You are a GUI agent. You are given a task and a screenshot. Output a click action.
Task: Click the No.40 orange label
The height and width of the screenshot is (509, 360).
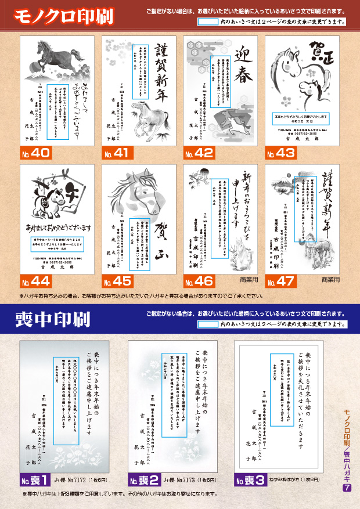pos(37,154)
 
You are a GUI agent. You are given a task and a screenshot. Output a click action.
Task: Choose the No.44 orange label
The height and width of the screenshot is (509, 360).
pos(37,283)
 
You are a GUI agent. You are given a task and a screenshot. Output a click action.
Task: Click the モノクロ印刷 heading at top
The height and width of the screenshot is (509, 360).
pos(53,16)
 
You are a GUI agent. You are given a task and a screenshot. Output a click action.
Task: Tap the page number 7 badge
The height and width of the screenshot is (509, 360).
pos(347,488)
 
